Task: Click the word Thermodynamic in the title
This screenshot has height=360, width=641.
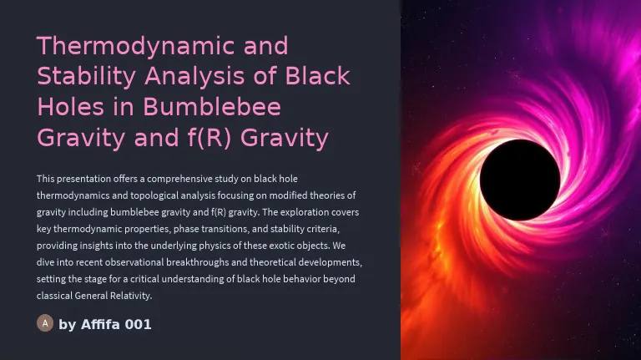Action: pyautogui.click(x=136, y=47)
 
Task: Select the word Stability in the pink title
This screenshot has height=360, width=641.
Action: pyautogui.click(x=86, y=76)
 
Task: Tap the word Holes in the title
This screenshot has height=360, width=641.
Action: pyautogui.click(x=71, y=107)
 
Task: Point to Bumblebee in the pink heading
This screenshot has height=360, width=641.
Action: pyautogui.click(x=212, y=107)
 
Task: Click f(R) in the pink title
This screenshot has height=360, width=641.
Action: pyautogui.click(x=209, y=138)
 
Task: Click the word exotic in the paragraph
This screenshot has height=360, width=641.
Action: pyautogui.click(x=281, y=246)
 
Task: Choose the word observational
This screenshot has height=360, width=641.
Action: pyautogui.click(x=129, y=262)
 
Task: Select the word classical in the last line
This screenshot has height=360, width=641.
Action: pyautogui.click(x=54, y=296)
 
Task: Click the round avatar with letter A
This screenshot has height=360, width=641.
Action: pyautogui.click(x=45, y=323)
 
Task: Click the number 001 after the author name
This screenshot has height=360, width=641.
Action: pyautogui.click(x=138, y=325)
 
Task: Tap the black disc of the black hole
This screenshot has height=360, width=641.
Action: pyautogui.click(x=520, y=180)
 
